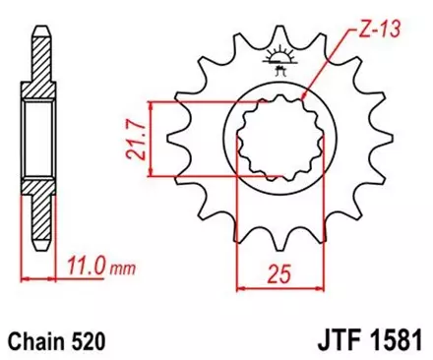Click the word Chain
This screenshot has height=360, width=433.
tap(38, 341)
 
